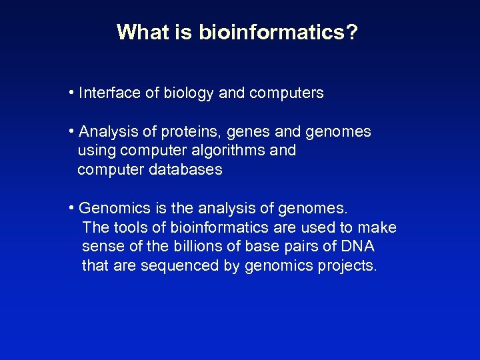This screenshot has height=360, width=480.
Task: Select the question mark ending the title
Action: (351, 32)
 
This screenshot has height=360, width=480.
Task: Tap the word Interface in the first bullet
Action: (109, 93)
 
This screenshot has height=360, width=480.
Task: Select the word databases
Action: (185, 170)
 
